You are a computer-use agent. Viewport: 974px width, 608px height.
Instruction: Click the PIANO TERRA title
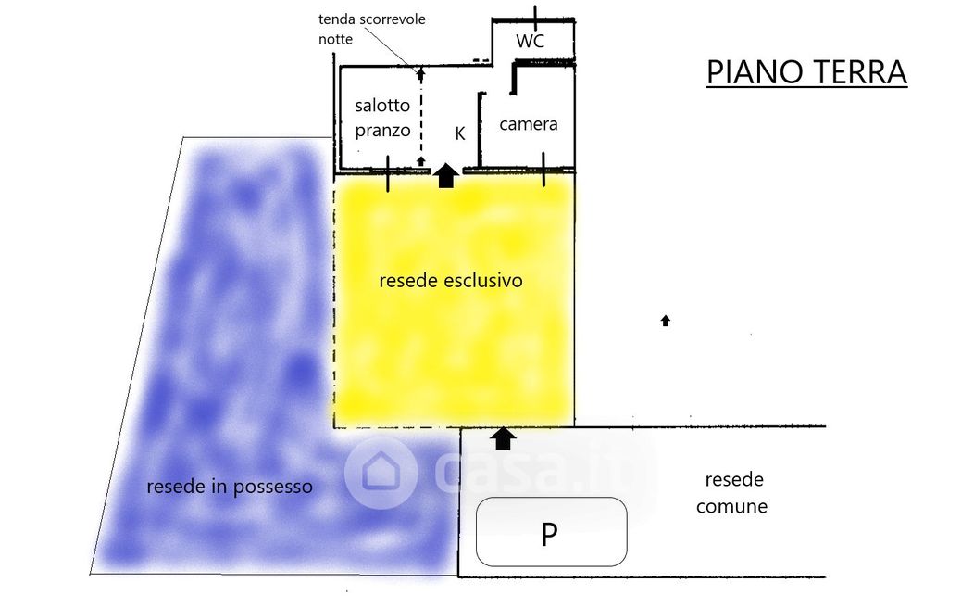click(805, 71)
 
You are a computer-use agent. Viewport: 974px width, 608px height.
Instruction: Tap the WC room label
click(530, 42)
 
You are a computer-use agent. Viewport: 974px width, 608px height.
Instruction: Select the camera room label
click(529, 123)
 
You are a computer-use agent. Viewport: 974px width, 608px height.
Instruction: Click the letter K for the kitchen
click(459, 133)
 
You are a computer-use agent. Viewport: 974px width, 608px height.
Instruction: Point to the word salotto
click(382, 106)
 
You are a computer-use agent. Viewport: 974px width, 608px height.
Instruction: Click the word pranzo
click(382, 130)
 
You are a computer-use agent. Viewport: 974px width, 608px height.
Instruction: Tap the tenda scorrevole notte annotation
click(371, 29)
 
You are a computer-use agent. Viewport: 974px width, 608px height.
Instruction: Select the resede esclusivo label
click(451, 280)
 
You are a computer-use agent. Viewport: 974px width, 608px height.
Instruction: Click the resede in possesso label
click(230, 486)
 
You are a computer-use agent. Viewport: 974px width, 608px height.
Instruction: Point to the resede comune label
click(732, 493)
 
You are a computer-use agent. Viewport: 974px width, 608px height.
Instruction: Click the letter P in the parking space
click(550, 535)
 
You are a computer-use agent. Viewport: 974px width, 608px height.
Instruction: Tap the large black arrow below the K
click(446, 175)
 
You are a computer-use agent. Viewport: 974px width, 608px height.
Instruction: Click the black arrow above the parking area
click(503, 437)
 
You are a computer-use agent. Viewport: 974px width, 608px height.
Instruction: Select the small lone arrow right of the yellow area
click(665, 321)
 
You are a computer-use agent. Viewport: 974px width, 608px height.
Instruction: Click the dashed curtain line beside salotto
click(421, 116)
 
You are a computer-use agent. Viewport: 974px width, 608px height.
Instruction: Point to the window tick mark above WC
click(536, 15)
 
